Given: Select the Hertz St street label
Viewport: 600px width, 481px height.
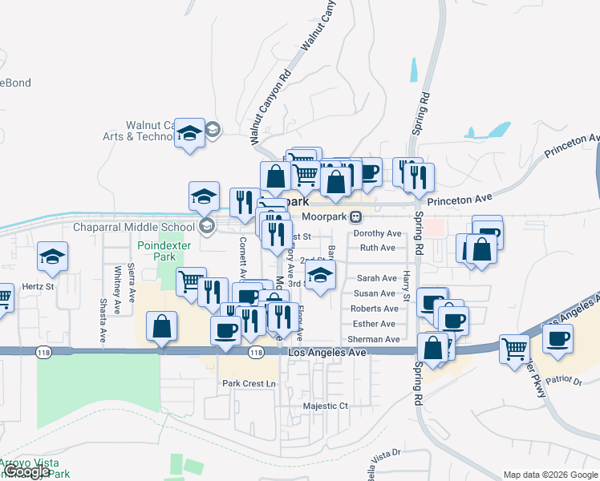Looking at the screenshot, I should [x=39, y=285].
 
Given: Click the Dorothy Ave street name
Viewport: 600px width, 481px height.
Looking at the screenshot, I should [x=377, y=233].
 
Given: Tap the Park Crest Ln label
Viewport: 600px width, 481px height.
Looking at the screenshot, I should [x=249, y=384].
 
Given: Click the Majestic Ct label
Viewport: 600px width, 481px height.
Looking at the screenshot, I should [x=326, y=406].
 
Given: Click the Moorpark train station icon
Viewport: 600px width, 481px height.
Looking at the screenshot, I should [x=355, y=216].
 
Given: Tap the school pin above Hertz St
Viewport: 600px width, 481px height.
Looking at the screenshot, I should [x=53, y=257].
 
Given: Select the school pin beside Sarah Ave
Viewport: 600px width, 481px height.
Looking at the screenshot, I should [x=320, y=277].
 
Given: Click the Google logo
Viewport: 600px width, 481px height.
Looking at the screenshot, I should [x=27, y=471].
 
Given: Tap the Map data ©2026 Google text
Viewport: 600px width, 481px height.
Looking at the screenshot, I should [x=550, y=475].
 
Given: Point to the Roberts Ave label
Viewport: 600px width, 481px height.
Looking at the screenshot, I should [x=374, y=309].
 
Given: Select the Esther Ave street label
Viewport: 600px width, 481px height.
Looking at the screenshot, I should [x=374, y=324].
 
